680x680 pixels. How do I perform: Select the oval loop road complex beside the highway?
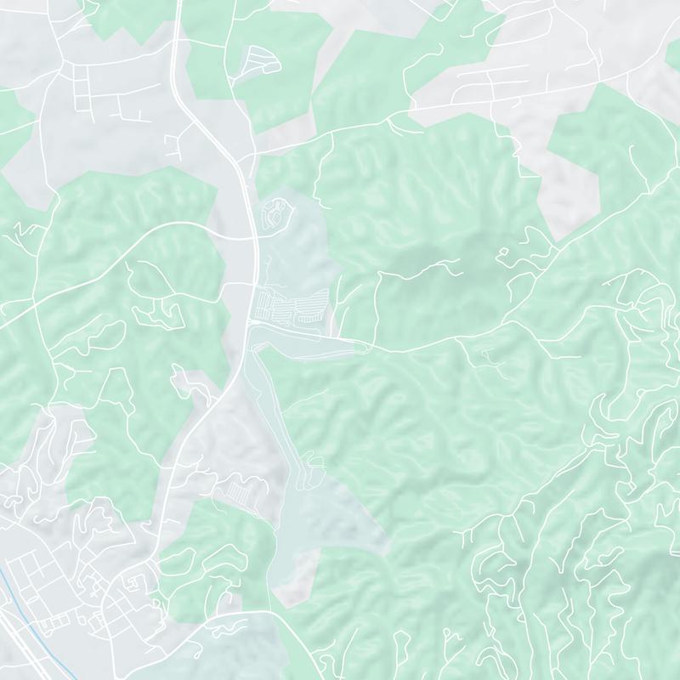[276, 218]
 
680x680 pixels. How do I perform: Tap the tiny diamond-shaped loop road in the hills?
[502, 252]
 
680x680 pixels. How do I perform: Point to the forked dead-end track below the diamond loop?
[488, 357]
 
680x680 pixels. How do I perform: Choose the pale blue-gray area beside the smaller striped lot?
[331, 510]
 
